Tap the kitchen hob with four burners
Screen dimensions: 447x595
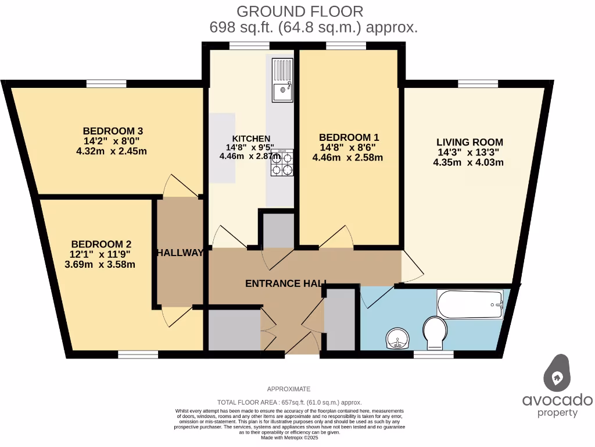click(x=282, y=163)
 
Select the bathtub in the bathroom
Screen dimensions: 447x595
click(x=470, y=304)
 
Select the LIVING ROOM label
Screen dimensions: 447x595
click(x=469, y=142)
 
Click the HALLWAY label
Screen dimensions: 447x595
click(x=180, y=253)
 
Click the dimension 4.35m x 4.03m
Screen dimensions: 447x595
click(x=468, y=162)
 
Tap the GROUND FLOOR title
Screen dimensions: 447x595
click(x=300, y=11)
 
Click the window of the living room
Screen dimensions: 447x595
click(x=478, y=83)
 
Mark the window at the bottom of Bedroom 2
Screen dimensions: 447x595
click(x=138, y=354)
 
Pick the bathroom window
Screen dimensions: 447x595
click(x=433, y=354)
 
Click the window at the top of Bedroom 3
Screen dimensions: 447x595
click(x=106, y=83)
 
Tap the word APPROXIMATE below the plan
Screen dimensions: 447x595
click(x=289, y=389)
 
